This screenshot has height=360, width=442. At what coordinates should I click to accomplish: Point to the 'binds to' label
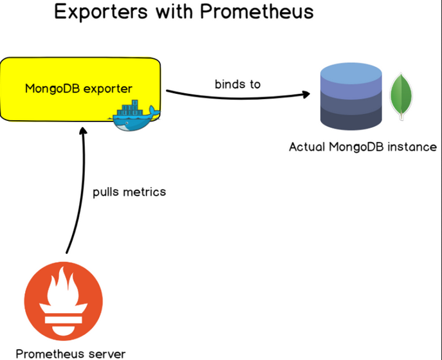pos(238,84)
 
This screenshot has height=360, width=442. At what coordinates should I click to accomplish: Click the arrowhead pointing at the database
pos(304,94)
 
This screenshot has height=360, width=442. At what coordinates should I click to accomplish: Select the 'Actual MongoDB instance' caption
pos(363,147)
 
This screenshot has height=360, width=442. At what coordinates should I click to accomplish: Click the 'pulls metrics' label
pos(129,192)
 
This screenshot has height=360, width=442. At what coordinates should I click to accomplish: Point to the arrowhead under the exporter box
pos(84,130)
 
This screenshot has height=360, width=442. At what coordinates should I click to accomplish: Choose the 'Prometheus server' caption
pos(70,353)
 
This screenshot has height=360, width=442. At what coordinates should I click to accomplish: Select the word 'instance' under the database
pos(414,147)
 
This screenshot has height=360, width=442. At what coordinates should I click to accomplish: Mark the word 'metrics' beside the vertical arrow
pos(145,192)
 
